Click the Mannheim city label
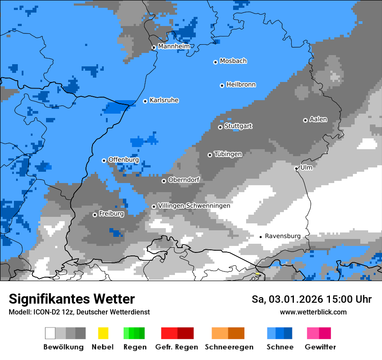(174, 46)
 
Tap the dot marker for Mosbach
(215, 62)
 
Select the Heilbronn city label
(241, 85)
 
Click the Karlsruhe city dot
(145, 101)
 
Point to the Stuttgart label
(238, 126)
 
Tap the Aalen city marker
(305, 120)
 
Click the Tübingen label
(228, 154)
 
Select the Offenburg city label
(123, 160)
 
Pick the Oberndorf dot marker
(164, 181)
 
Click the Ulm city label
(306, 167)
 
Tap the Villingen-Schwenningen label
(194, 206)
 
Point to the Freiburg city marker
(95, 215)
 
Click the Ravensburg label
(283, 236)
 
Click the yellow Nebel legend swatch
(103, 333)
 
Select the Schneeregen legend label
(229, 347)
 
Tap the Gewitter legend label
(320, 347)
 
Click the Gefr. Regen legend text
(177, 347)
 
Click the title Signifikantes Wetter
(72, 299)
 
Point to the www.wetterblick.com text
(313, 312)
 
